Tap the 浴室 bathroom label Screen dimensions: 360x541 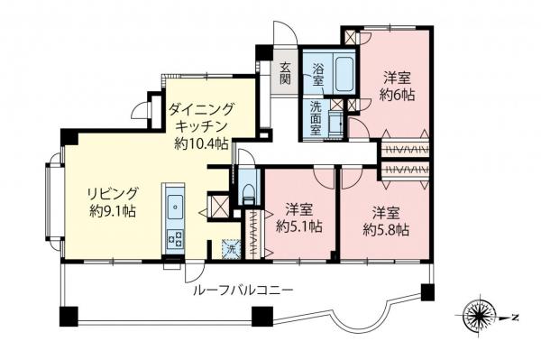point(318,75)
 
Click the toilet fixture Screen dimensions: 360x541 point(247,193)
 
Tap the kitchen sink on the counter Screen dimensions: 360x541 point(172,205)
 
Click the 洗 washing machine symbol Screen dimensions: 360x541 point(231,246)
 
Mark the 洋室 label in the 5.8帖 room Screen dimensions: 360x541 point(387,212)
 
